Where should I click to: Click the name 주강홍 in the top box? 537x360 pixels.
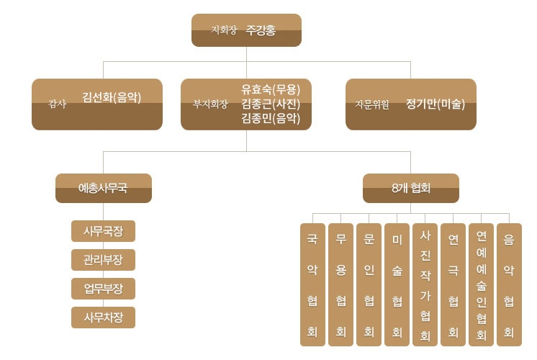tap(261, 30)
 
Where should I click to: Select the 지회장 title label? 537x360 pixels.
tap(224, 30)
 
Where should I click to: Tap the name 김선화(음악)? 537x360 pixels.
tap(112, 97)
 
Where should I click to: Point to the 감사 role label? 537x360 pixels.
tap(57, 104)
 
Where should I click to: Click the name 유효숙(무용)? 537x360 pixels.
tap(271, 89)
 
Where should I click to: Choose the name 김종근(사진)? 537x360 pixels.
tap(271, 104)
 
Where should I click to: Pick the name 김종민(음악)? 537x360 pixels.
tap(271, 118)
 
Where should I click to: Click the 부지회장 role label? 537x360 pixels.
tap(210, 104)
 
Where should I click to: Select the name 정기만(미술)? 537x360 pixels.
tap(436, 104)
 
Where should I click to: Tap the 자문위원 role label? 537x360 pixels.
tap(372, 104)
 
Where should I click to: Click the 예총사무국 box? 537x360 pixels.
tap(104, 188)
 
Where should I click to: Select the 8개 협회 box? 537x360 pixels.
tap(411, 188)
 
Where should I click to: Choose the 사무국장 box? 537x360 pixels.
tap(103, 231)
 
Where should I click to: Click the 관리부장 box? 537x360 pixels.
tap(103, 260)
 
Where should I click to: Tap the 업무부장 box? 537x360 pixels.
tap(103, 289)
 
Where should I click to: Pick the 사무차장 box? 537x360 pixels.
tap(103, 318)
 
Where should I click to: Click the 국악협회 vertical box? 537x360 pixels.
tap(312, 284)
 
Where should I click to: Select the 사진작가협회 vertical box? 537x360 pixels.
tap(425, 284)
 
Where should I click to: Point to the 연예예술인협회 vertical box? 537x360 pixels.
tap(481, 284)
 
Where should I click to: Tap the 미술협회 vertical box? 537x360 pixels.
tap(397, 284)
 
